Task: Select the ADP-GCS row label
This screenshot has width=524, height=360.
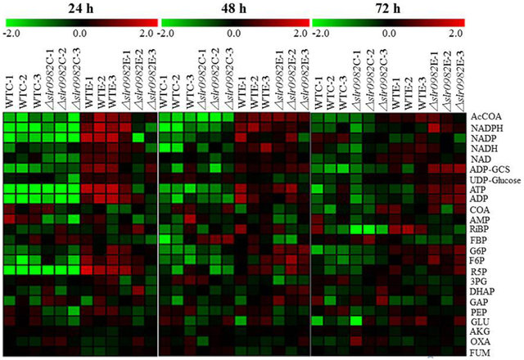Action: tap(490, 169)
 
